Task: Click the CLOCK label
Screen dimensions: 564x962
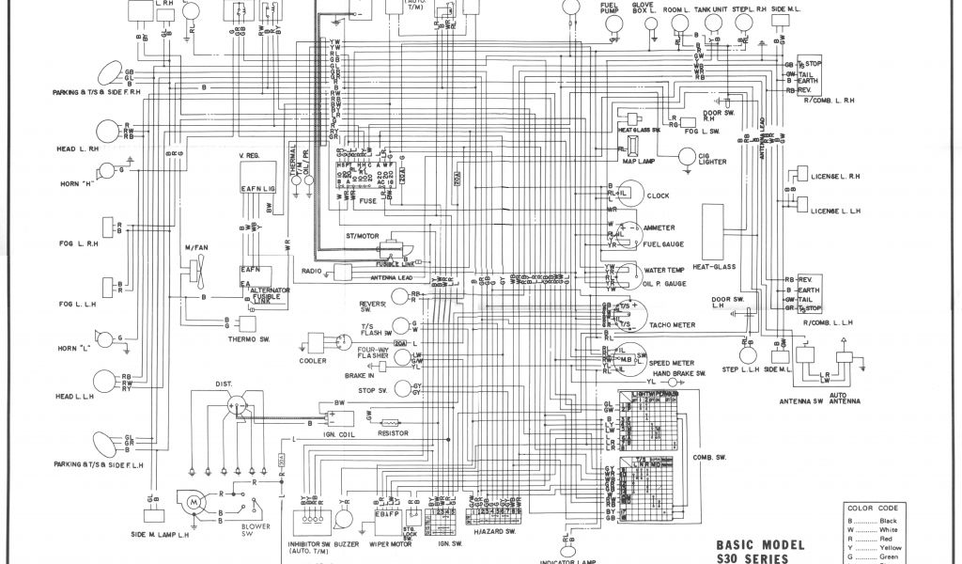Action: click(x=658, y=196)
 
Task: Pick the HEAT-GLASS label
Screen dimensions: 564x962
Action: click(x=715, y=265)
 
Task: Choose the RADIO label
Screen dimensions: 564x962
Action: click(x=313, y=271)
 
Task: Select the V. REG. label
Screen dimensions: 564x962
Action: click(x=252, y=155)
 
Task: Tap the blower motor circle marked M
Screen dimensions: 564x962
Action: click(x=194, y=504)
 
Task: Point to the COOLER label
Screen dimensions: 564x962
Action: click(x=313, y=361)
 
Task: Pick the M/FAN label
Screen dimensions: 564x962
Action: click(x=195, y=247)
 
